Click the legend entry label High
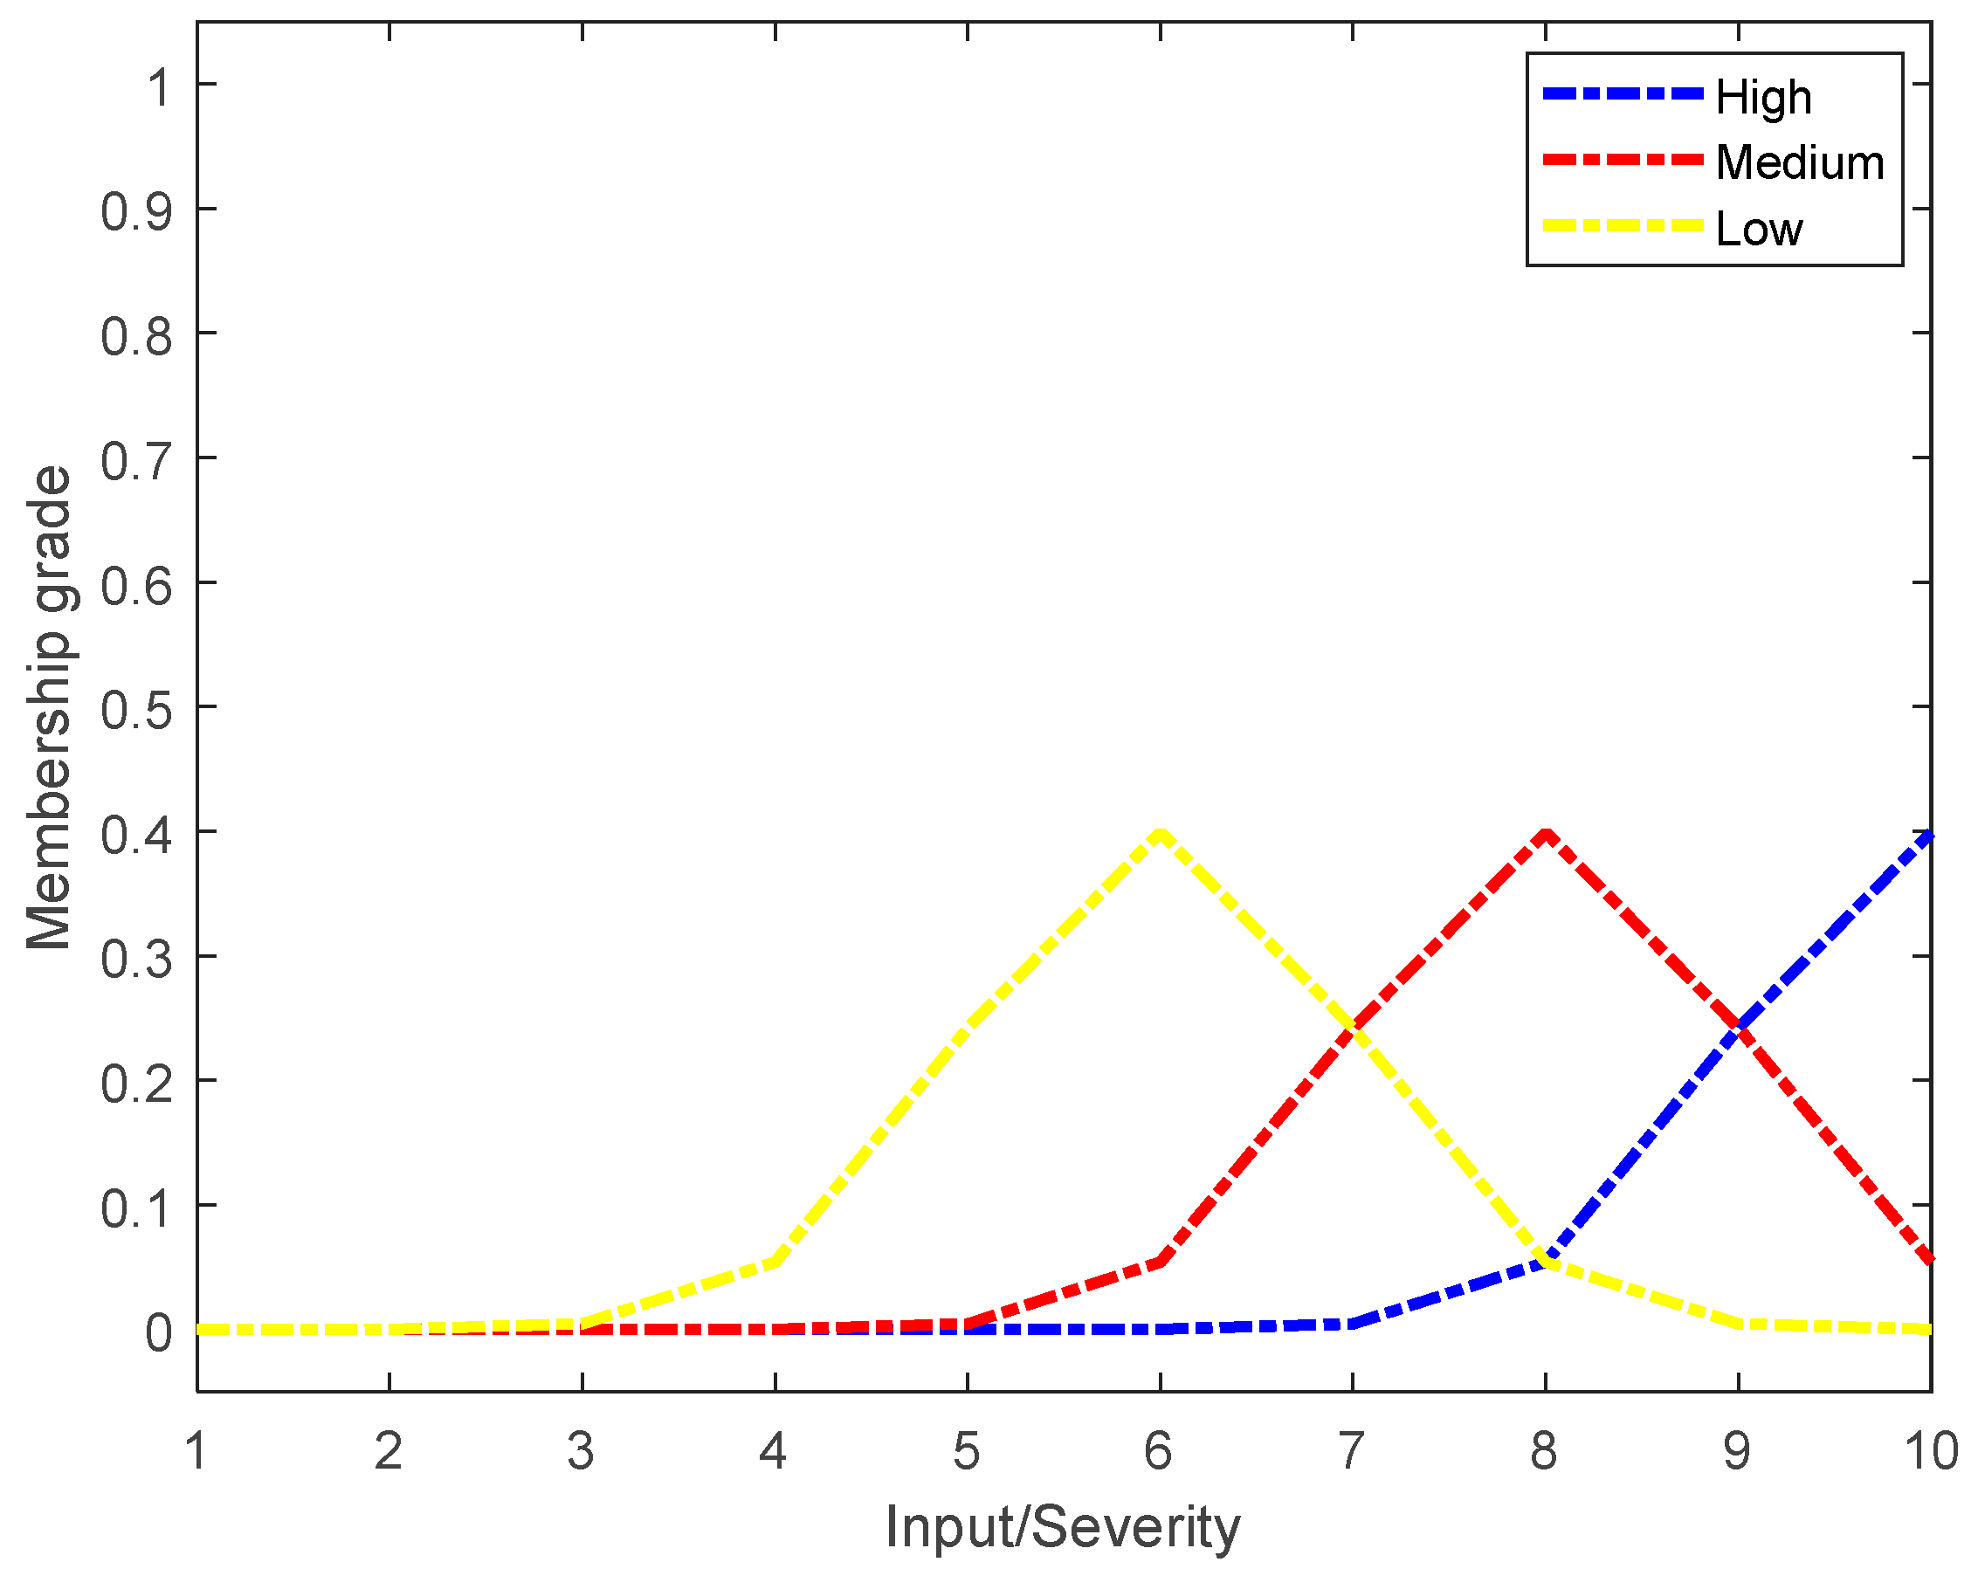[x=1763, y=96]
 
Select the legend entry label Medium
[x=1799, y=162]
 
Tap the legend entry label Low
[x=1759, y=229]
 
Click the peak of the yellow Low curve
[x=1161, y=832]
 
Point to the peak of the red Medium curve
[x=1546, y=832]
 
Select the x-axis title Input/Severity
[x=1063, y=1527]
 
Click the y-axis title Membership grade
[x=48, y=707]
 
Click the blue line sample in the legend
[x=1622, y=93]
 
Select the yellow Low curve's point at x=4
[x=775, y=1262]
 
